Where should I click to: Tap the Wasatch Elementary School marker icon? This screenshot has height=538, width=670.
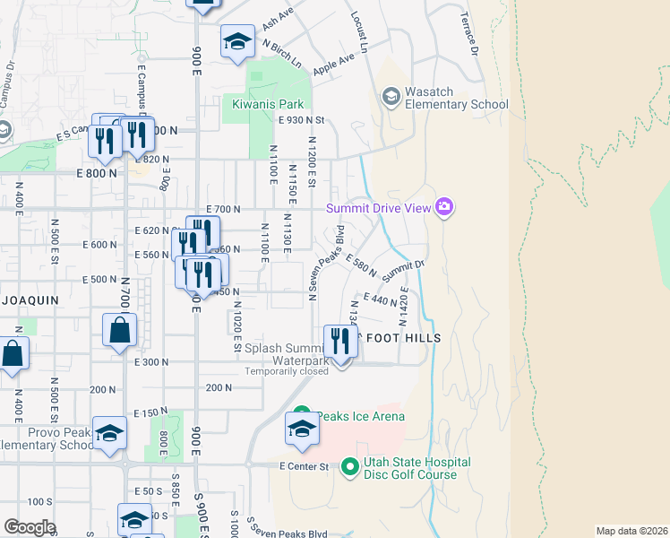[x=391, y=96]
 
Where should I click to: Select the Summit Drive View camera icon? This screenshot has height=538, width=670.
[x=444, y=209]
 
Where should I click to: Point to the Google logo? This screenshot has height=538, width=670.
[x=29, y=527]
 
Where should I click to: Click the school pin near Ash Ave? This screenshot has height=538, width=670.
[x=237, y=41]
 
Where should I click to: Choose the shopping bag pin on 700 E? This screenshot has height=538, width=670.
[x=120, y=331]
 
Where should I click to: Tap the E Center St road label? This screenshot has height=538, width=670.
[x=305, y=466]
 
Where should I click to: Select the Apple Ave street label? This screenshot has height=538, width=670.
[x=334, y=65]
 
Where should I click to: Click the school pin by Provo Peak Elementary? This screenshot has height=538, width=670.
[x=109, y=433]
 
